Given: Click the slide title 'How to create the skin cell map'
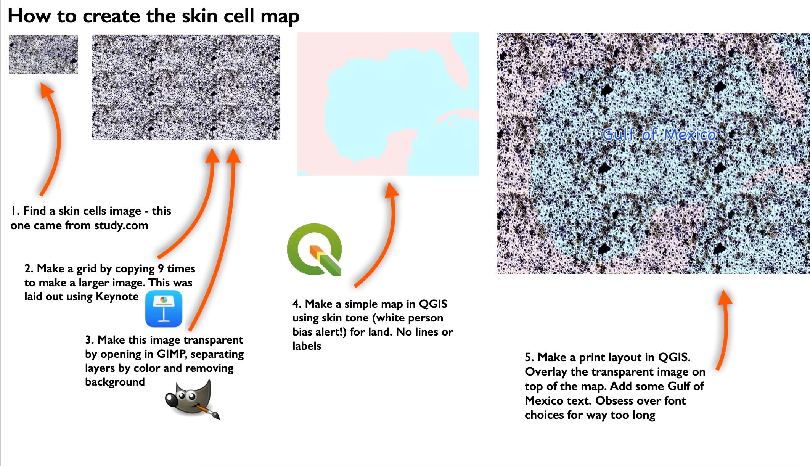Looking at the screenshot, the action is coord(153,16).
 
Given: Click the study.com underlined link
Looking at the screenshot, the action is coord(121,225).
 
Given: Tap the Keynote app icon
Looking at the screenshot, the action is coord(164,309).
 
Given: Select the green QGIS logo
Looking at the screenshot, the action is coord(314,249).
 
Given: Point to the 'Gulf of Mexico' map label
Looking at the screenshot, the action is coord(659,134).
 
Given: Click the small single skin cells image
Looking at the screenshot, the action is coord(43,54).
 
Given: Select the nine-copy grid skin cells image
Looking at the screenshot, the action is coord(186,87).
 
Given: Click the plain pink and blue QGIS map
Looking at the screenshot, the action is coord(388,104).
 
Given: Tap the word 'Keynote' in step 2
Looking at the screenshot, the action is coord(117,297).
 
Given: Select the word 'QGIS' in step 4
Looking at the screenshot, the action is coord(433,304).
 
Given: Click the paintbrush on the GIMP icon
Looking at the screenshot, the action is coord(208,411).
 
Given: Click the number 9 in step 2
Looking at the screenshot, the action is coord(161,268).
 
